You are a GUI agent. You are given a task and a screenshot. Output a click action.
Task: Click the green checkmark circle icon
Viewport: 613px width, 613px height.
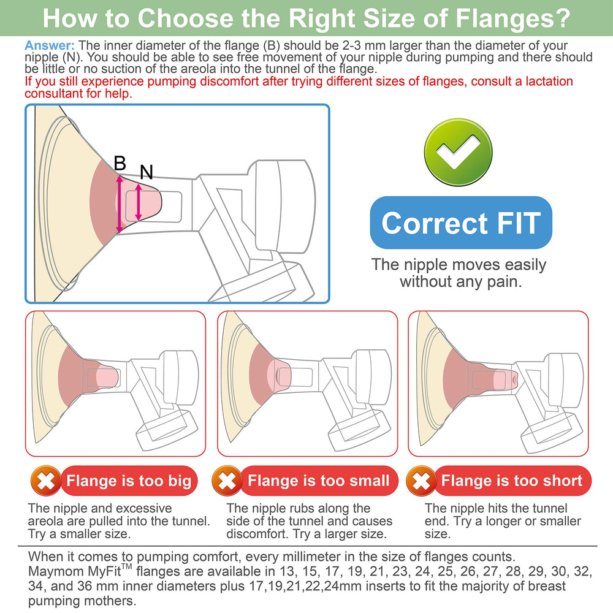click(x=458, y=152)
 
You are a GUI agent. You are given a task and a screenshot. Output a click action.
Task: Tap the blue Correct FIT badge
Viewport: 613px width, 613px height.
click(x=461, y=223)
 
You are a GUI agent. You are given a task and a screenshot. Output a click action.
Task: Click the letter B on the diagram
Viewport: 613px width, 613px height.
click(x=120, y=163)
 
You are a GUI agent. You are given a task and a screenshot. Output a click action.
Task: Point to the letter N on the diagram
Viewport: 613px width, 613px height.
click(x=147, y=172)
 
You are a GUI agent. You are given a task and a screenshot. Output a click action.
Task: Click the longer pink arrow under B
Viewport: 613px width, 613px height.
click(x=120, y=204)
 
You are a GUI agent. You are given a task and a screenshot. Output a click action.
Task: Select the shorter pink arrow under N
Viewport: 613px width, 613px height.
click(x=139, y=202)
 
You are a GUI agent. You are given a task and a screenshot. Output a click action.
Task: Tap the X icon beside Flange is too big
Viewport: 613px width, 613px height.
click(x=46, y=481)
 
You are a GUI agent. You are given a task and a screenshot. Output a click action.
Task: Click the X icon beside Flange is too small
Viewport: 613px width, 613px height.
click(x=227, y=481)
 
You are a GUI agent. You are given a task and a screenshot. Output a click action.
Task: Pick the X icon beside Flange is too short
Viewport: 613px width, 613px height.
click(x=421, y=481)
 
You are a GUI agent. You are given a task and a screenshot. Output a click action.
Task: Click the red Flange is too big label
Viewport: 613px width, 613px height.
click(x=129, y=481)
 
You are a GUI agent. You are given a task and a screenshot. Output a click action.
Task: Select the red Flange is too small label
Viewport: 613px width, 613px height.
click(x=319, y=481)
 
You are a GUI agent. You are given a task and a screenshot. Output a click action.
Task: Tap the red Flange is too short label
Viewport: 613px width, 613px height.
click(x=512, y=481)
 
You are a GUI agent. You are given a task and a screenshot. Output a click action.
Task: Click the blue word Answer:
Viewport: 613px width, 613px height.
click(x=50, y=46)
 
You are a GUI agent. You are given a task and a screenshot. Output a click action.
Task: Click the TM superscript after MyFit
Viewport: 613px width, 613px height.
click(x=126, y=566)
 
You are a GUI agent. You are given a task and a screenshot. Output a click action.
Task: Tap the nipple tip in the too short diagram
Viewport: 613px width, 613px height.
click(x=516, y=378)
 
